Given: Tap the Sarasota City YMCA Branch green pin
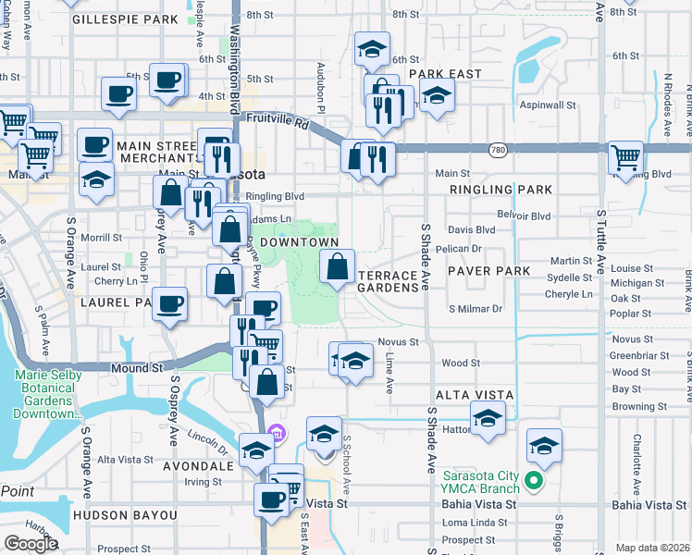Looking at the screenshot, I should [x=533, y=480].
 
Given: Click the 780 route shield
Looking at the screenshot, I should [x=498, y=150].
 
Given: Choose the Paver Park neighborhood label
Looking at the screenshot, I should [x=488, y=271].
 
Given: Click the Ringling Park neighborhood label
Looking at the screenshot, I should [x=500, y=190].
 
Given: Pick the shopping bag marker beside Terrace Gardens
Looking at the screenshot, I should [x=337, y=267].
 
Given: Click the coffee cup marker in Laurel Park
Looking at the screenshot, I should [x=169, y=303].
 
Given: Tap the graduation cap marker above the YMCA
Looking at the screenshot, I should [x=545, y=446].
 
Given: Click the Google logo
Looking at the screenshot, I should [x=31, y=543].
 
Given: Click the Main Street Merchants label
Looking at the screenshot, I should [x=141, y=152].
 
